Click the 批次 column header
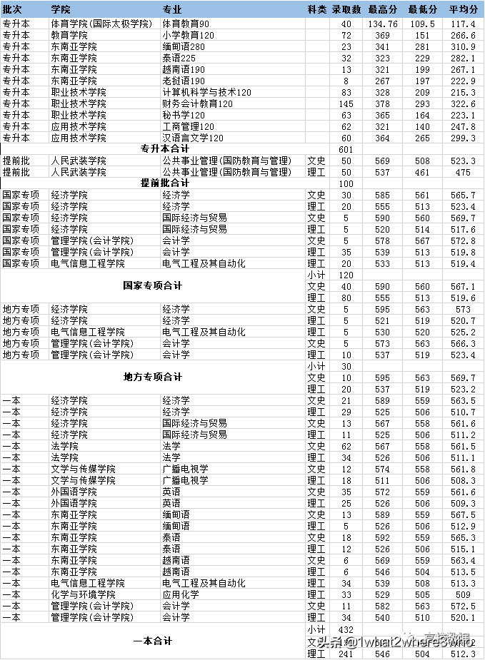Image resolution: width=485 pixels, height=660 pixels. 13,9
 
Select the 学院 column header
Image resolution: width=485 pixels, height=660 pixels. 61,9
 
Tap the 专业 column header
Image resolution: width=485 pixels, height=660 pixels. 172,9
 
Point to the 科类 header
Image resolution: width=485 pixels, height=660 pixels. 317,9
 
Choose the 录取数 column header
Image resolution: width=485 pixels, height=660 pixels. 346,9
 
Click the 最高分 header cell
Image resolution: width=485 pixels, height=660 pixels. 383,9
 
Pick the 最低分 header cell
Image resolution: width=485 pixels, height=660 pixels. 423,9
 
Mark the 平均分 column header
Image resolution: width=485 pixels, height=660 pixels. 464,9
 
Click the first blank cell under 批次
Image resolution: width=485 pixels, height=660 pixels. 24,24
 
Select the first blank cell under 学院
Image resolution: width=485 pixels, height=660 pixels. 104,24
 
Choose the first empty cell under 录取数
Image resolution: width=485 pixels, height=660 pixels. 346,24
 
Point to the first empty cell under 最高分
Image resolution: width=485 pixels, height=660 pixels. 383,24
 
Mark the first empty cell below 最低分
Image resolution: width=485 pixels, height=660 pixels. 423,24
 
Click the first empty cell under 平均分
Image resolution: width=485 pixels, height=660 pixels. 464,24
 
